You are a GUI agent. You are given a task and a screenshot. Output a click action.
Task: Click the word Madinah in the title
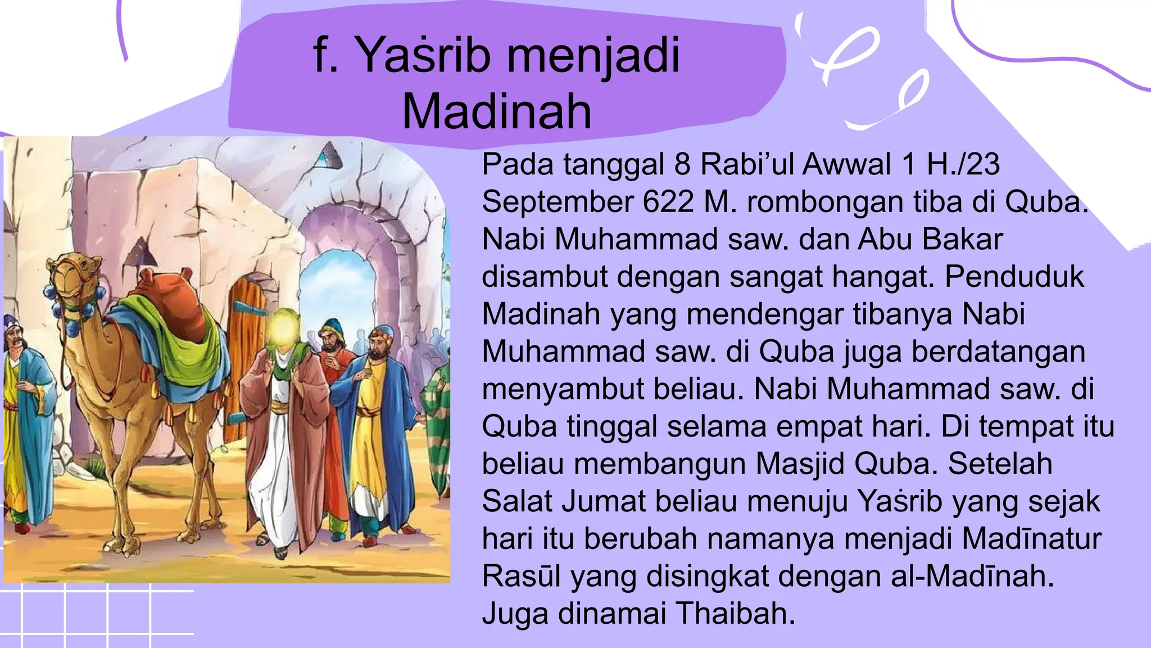pos(497,111)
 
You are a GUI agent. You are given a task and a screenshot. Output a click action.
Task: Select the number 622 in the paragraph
pos(668,201)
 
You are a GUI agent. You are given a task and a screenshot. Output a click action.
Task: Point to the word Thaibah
pos(736,613)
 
